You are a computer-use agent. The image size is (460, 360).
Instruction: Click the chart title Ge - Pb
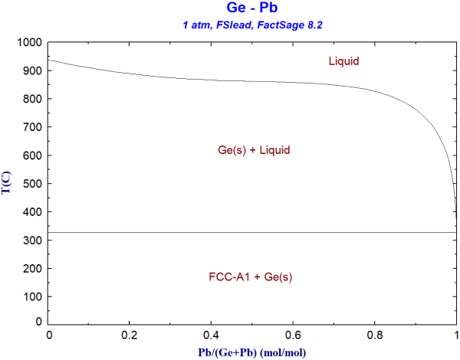252,10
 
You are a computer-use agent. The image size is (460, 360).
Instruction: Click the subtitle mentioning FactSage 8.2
252,26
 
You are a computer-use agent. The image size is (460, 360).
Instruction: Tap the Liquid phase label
344,61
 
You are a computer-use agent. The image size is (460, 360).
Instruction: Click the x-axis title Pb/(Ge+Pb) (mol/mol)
252,352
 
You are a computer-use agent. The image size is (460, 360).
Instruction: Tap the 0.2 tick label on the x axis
130,335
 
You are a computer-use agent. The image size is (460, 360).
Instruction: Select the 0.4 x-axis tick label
212,335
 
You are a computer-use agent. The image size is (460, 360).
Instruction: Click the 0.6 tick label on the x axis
294,335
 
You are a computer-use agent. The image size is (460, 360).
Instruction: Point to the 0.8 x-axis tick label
375,335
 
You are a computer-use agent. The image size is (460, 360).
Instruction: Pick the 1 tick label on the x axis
456,335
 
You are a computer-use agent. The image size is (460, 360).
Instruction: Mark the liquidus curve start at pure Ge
50,60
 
